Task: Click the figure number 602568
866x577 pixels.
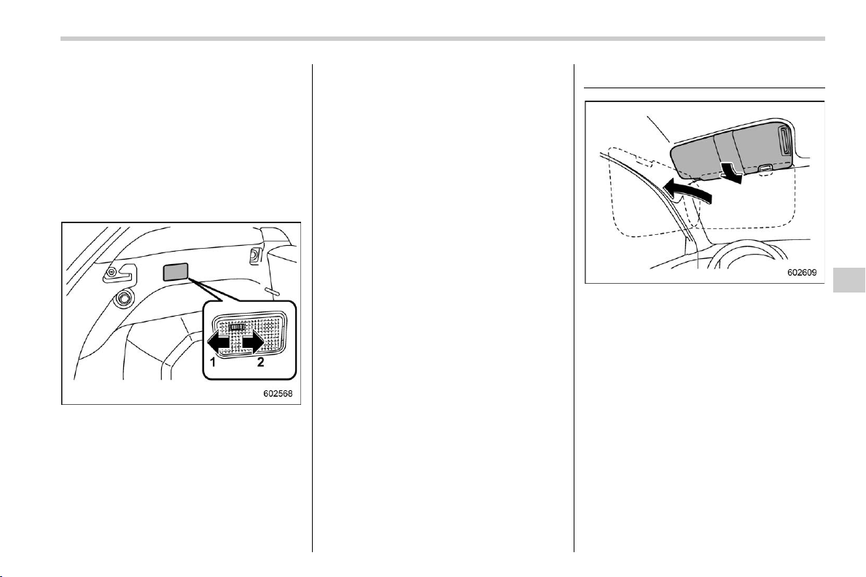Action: (x=277, y=394)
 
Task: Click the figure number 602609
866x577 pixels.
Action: (x=802, y=273)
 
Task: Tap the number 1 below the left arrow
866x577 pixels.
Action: (x=212, y=363)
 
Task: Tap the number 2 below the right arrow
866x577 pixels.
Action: (x=260, y=363)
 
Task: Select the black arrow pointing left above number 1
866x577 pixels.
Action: (x=220, y=344)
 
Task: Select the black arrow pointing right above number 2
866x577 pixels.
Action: (x=252, y=344)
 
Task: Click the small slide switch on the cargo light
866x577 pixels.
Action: (x=237, y=328)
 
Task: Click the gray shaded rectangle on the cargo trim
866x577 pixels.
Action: (x=176, y=272)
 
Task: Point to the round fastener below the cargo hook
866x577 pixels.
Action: (x=122, y=300)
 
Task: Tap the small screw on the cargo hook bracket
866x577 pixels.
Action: (x=112, y=272)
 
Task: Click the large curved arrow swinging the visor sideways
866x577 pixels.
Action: (x=684, y=192)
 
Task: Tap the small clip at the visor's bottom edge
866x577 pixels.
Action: (x=765, y=169)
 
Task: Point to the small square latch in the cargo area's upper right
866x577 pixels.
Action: (x=256, y=255)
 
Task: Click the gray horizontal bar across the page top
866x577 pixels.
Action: (x=442, y=39)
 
